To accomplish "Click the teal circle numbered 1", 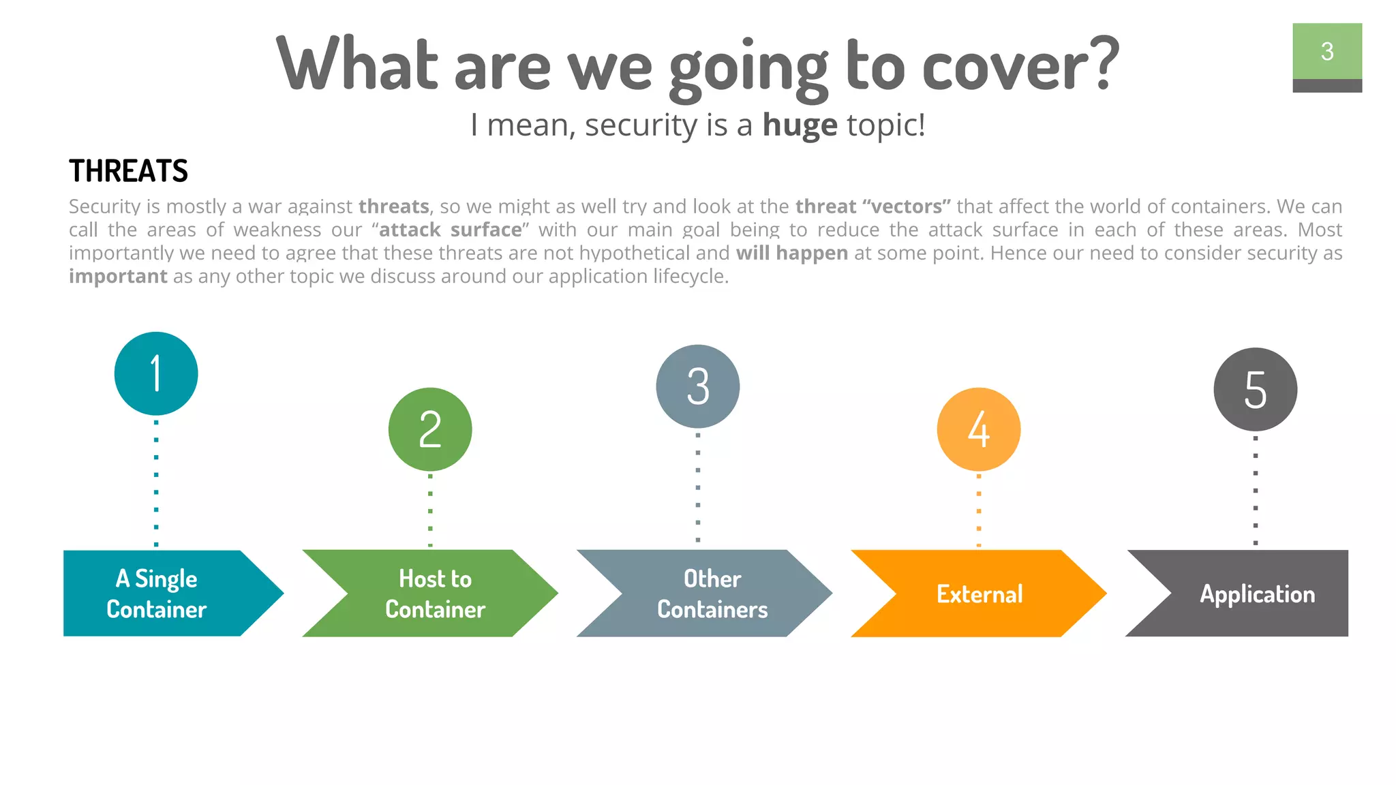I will coord(156,373).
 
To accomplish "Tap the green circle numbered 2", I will coord(430,429).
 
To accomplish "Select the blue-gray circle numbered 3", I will coord(697,386).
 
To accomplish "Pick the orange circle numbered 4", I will coord(978,429).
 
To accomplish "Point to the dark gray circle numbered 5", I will coord(1255,389).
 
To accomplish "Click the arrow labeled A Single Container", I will coord(164,594).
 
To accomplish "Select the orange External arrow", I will coord(980,594).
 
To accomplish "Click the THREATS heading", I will coord(128,171).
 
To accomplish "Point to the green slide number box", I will coord(1326,52).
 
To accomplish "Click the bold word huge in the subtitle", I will coord(800,125).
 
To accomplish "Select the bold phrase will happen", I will coord(792,253).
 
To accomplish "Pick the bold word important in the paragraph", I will coord(118,276).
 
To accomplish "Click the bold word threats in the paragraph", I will coord(394,206).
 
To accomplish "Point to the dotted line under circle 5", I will coord(1255,491).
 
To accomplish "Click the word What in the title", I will coord(357,65).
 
